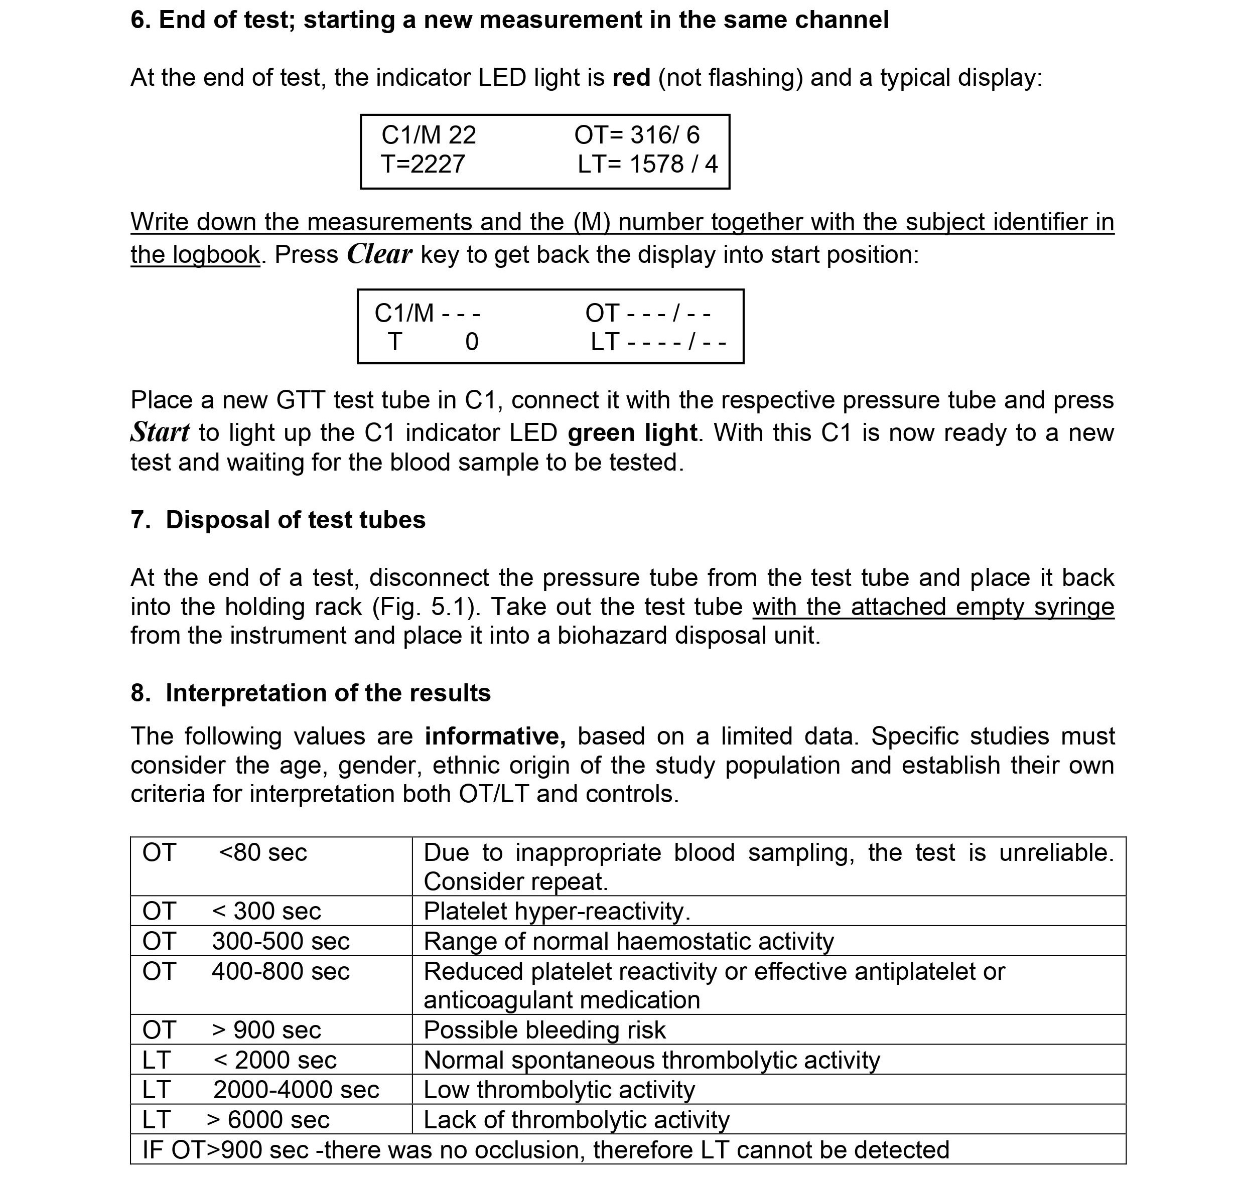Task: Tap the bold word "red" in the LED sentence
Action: tap(631, 78)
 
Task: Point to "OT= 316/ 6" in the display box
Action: tap(637, 135)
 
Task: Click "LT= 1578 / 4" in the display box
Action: tap(647, 165)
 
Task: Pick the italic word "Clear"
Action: tap(379, 254)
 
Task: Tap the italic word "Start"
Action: tap(160, 433)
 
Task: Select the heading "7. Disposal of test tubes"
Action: tap(278, 520)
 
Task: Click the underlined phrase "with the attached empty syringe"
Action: tap(933, 607)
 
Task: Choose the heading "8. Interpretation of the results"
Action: tap(311, 693)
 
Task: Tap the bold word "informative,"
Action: tap(495, 736)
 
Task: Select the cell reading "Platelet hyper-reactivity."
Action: tap(557, 911)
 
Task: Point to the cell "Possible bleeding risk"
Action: tap(544, 1030)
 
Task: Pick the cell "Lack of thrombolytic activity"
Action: tap(576, 1120)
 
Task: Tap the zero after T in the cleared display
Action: tap(472, 342)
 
